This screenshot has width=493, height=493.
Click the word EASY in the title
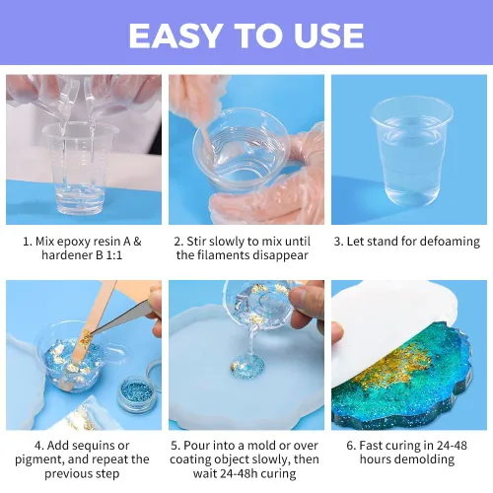[175, 35]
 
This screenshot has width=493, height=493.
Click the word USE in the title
[329, 35]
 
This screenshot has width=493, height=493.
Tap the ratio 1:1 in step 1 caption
[113, 255]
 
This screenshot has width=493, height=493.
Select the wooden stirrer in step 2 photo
[207, 139]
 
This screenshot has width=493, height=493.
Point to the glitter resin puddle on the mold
[247, 367]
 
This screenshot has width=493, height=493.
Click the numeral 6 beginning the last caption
[350, 446]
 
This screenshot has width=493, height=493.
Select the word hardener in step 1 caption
[67, 255]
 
